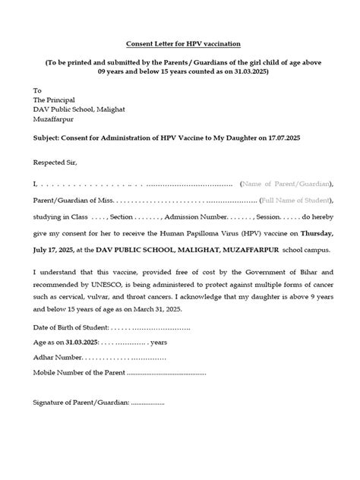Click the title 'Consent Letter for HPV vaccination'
coord(179,45)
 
